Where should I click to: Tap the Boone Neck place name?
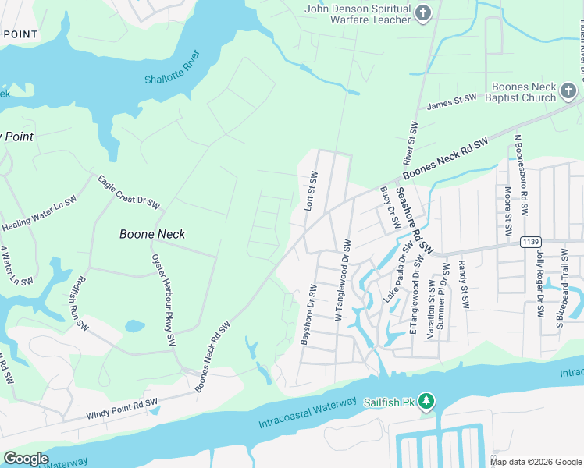click(152, 233)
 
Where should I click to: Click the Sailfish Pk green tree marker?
click(426, 402)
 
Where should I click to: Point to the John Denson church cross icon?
click(423, 12)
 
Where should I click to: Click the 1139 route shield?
click(532, 242)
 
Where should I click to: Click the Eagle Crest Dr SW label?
click(128, 193)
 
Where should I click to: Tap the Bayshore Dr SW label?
click(307, 314)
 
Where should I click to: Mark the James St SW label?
click(451, 101)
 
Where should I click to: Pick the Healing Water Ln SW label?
click(39, 213)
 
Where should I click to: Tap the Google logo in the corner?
click(26, 459)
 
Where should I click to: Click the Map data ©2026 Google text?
click(536, 462)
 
